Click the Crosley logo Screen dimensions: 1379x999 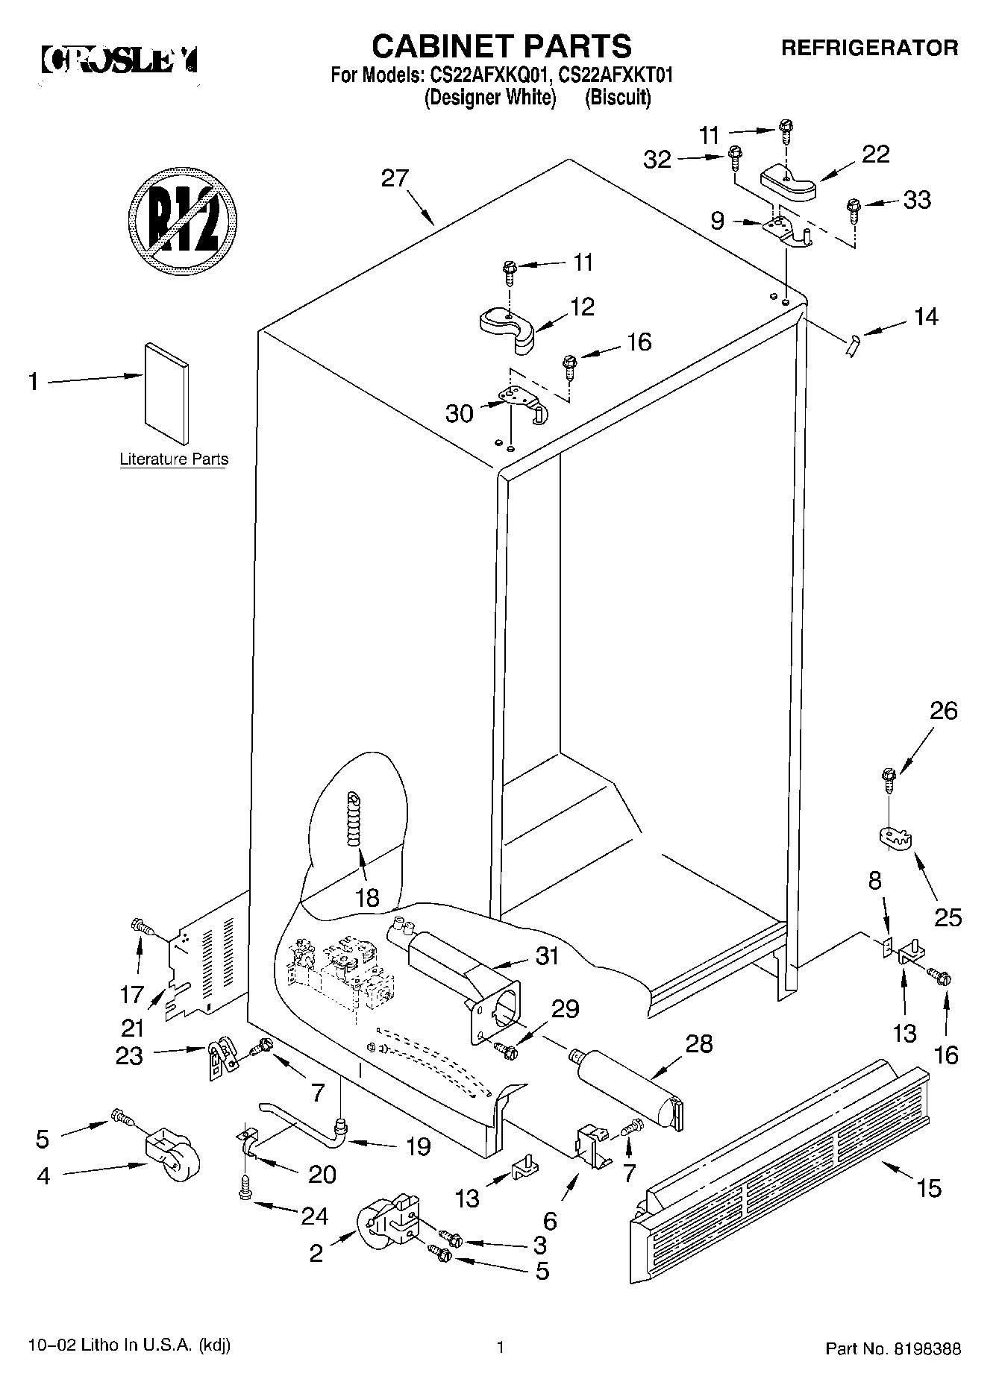pyautogui.click(x=119, y=60)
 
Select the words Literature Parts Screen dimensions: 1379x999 pyautogui.click(x=174, y=459)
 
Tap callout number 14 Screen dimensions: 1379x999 pyautogui.click(x=925, y=317)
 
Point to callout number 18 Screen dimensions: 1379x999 pyautogui.click(x=367, y=897)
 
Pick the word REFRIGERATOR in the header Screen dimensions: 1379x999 pyautogui.click(x=869, y=48)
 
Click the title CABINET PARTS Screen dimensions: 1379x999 pyautogui.click(x=501, y=46)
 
